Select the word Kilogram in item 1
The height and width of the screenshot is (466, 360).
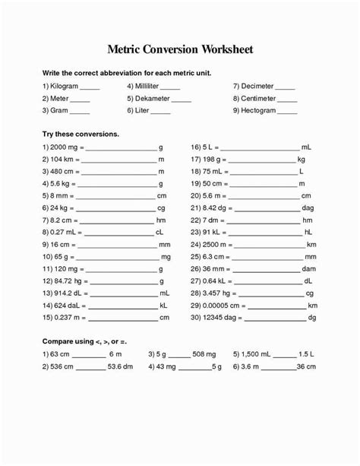pyautogui.click(x=66, y=86)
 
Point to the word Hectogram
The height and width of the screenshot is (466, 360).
pyautogui.click(x=259, y=110)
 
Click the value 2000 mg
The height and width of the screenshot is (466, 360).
pyautogui.click(x=64, y=146)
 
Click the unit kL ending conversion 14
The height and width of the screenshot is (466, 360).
pyautogui.click(x=163, y=306)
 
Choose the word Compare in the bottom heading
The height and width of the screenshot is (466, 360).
pyautogui.click(x=62, y=342)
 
